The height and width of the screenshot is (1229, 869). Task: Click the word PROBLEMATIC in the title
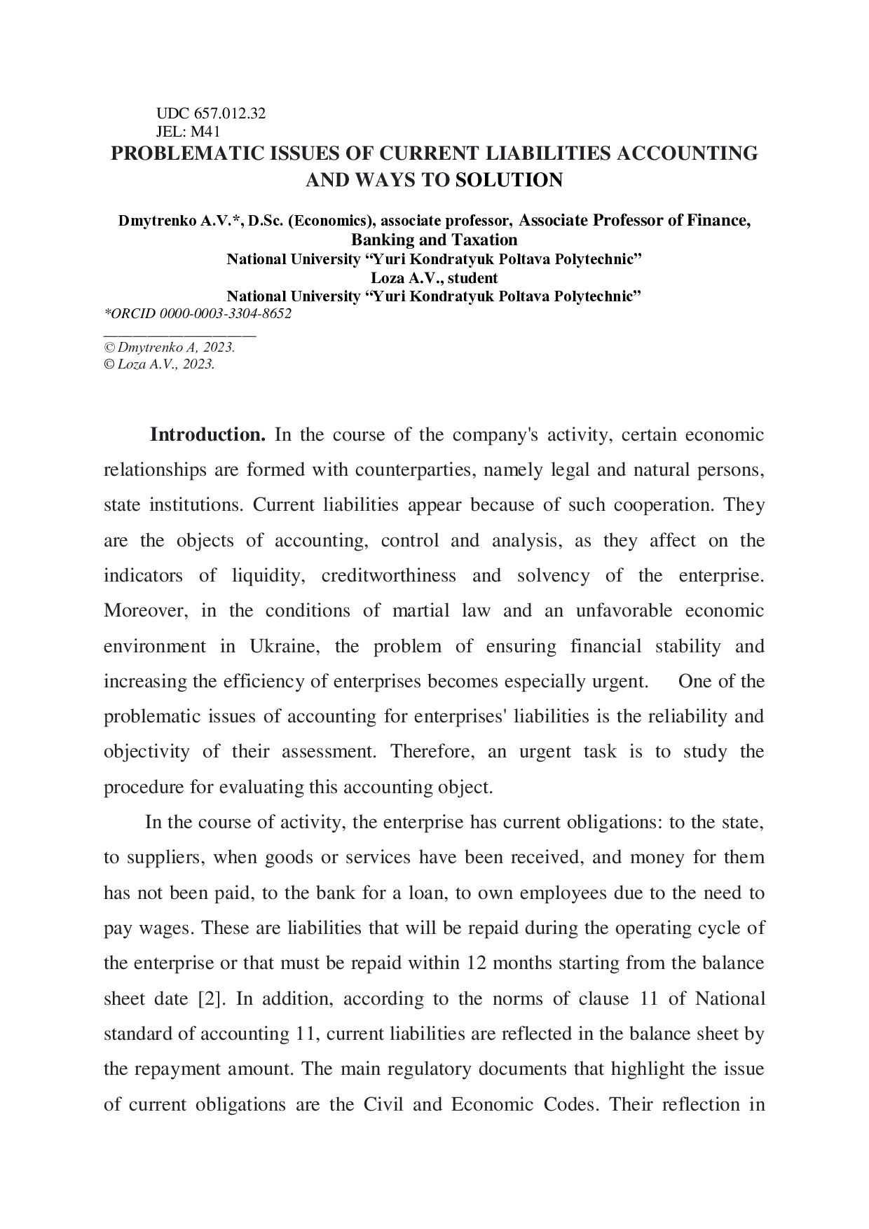coord(185,153)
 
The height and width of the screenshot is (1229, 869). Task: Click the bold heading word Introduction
coord(207,435)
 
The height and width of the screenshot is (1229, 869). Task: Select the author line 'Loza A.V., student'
coord(434,277)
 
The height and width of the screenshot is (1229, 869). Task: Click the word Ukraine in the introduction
coord(284,646)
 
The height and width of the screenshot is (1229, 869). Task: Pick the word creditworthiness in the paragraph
coord(388,576)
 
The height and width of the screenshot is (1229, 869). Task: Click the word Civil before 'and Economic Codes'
coord(384,1104)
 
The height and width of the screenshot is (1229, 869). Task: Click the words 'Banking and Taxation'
coord(434,240)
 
